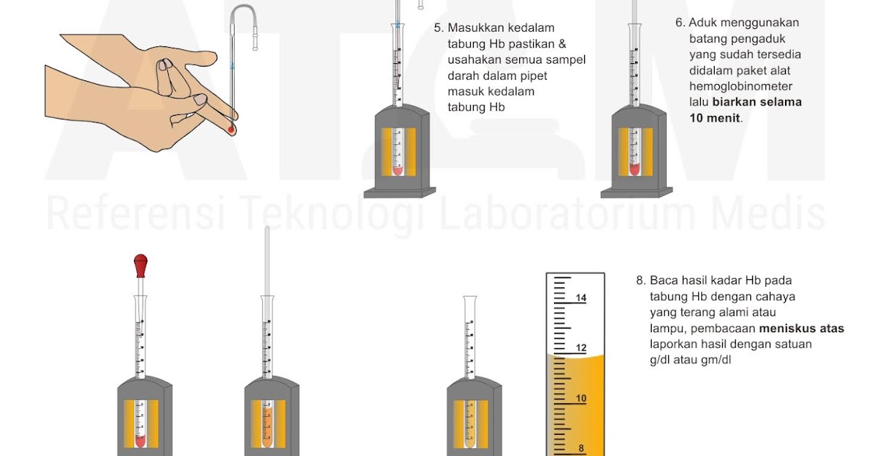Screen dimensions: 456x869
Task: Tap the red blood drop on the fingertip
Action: pos(232,130)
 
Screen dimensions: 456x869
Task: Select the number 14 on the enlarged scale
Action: pos(581,298)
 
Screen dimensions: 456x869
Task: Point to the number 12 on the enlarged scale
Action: pos(581,348)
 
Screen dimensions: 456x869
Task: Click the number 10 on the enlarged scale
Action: pos(581,399)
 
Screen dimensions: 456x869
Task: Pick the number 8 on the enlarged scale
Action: pos(581,449)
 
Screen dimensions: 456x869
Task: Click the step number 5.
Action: pos(438,28)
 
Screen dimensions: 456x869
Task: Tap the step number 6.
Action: pos(680,22)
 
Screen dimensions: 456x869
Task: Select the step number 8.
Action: pos(639,280)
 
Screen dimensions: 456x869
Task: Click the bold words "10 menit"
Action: pos(715,118)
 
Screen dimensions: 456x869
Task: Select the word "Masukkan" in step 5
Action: pos(475,28)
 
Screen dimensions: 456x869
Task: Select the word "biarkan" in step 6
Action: pos(736,102)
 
